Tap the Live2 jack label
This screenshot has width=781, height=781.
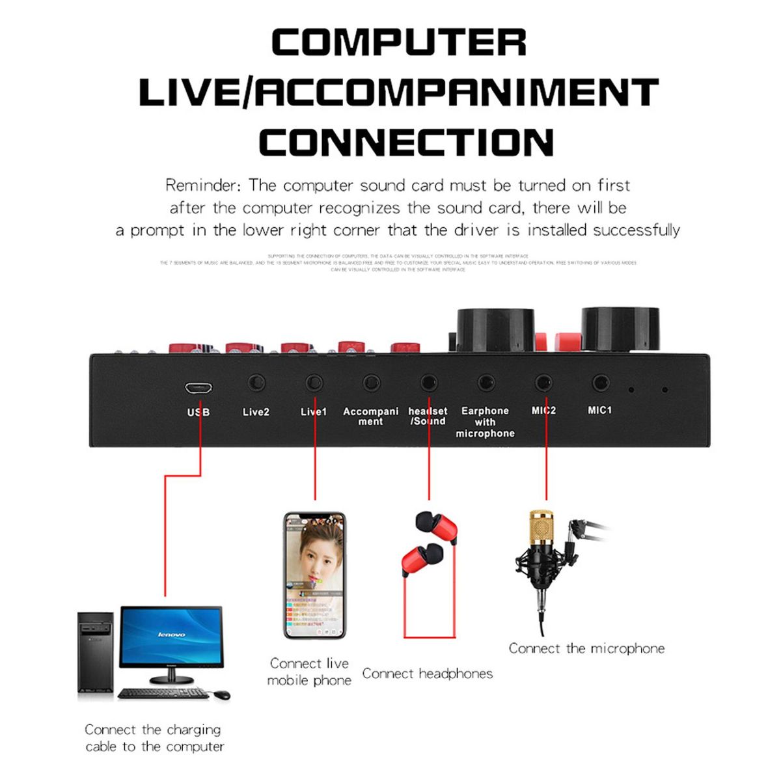[256, 412]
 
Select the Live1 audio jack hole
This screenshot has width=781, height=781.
[314, 382]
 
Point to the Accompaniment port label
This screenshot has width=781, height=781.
[370, 417]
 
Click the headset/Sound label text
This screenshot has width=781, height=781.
[428, 416]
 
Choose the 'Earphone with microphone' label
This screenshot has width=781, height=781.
[485, 422]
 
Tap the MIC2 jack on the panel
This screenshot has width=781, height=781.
[543, 383]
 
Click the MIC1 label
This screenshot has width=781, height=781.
[599, 410]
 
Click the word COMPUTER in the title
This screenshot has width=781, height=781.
[398, 43]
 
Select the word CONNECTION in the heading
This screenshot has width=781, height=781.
[406, 143]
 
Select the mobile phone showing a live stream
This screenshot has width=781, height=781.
[314, 576]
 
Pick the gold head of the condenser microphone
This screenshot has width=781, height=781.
[541, 527]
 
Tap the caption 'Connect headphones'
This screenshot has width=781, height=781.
[427, 674]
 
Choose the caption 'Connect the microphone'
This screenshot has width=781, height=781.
[586, 648]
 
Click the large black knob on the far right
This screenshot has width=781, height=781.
[620, 329]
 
